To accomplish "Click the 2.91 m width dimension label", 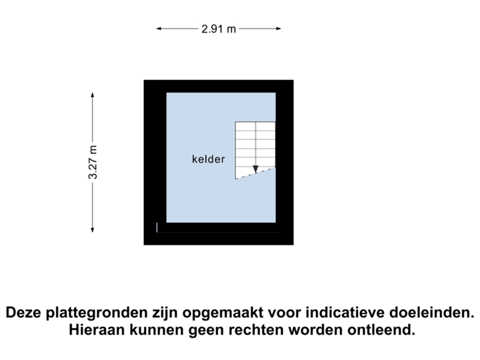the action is point(219,29).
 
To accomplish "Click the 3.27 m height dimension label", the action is point(93,162).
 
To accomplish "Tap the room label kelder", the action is point(209,159).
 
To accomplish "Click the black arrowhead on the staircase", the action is point(255,169).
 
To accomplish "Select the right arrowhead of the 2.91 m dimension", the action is point(278,29).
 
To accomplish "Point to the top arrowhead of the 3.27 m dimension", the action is point(93,95).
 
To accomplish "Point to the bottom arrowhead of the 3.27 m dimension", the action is point(93,229).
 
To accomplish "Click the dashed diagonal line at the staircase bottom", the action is point(255,173).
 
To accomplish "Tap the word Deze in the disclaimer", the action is point(24,313).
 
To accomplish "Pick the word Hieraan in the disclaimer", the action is point(97,330).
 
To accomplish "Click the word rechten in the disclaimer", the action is point(256,330).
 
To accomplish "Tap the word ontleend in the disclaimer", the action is point(381,330).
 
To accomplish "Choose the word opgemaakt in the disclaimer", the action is point(223,313).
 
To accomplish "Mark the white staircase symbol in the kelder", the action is point(255,150).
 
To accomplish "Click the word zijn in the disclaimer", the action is point(165,313).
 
